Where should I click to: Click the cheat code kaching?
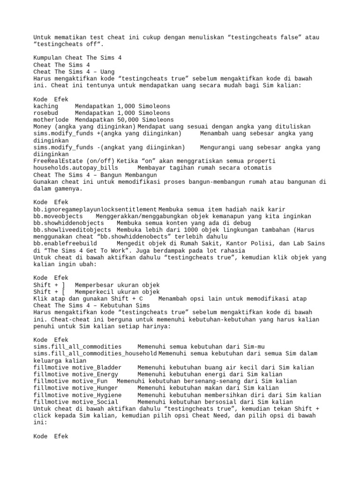coord(46,106)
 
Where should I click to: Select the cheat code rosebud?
coord(46,113)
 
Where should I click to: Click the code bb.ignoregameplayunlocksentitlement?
coord(95,209)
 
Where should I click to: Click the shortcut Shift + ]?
coord(49,285)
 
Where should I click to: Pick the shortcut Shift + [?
coord(49,292)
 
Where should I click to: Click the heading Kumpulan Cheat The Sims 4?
coord(77,58)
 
